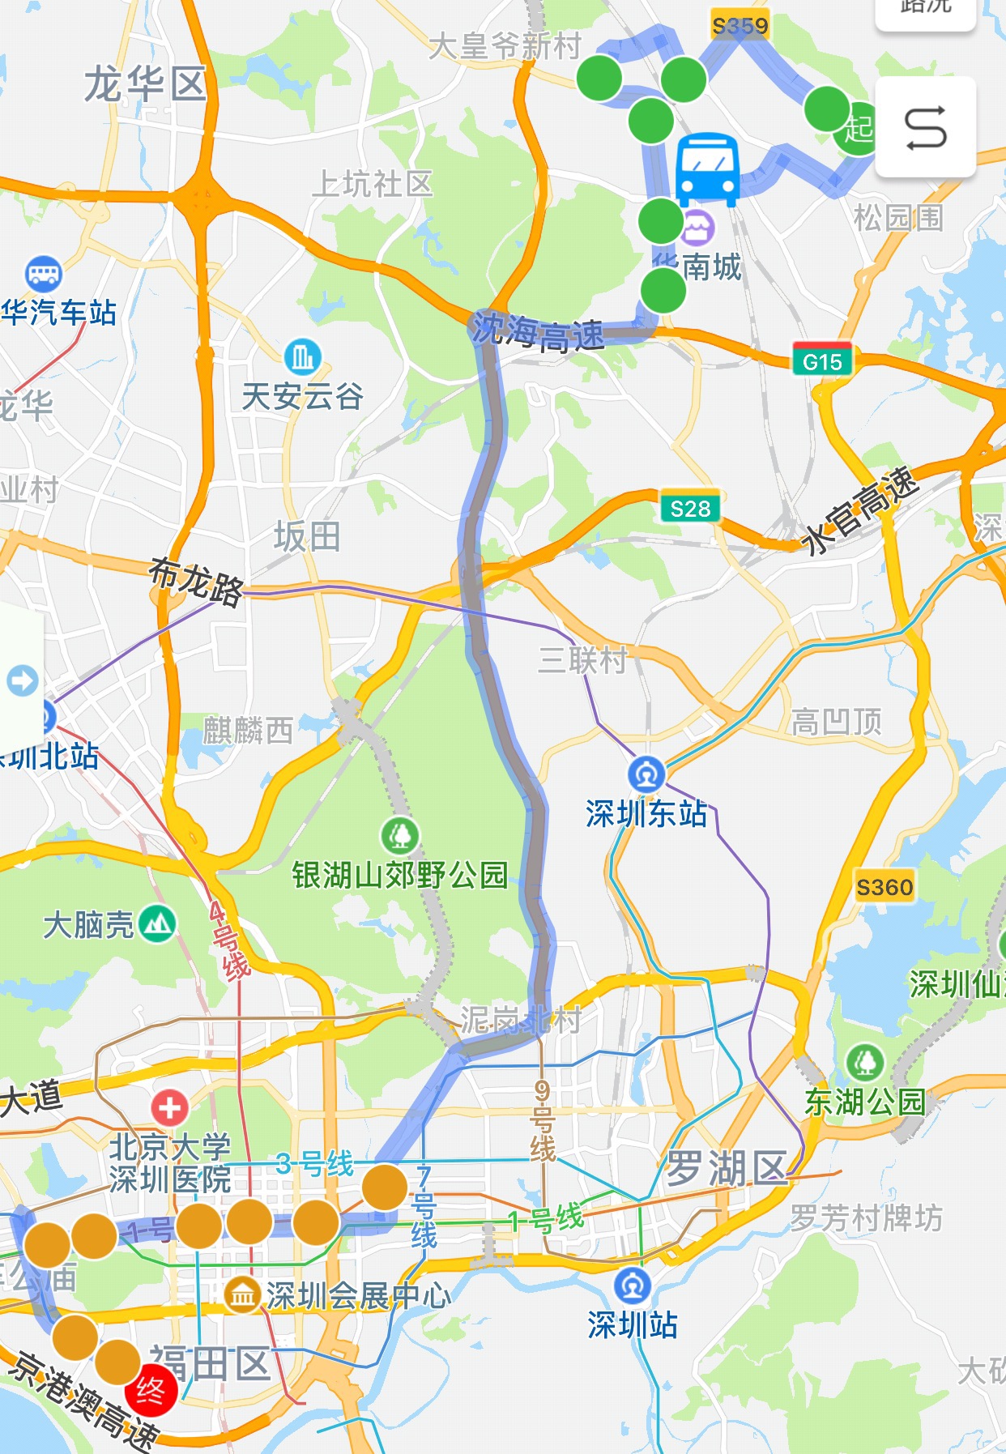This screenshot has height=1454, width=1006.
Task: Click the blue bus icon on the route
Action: click(707, 169)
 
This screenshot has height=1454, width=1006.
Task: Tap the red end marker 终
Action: click(151, 1390)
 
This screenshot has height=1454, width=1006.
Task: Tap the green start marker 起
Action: click(857, 129)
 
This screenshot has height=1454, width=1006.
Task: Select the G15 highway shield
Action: click(822, 360)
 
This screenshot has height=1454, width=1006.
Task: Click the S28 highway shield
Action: click(690, 508)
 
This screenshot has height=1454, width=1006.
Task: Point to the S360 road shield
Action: click(885, 887)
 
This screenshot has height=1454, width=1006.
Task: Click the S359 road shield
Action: click(740, 27)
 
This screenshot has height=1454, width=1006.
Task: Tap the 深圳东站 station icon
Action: click(646, 774)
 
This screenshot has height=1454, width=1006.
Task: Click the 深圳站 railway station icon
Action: click(633, 1286)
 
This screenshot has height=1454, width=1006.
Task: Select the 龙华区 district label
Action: click(146, 85)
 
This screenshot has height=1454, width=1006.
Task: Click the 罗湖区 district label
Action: click(726, 1169)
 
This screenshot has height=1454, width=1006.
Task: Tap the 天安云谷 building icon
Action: click(303, 356)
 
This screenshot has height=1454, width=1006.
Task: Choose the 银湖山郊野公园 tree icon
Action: click(400, 834)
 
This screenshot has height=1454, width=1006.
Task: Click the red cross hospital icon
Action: click(169, 1106)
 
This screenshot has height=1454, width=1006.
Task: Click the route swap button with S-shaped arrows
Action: click(925, 128)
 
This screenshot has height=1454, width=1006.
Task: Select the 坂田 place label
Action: click(307, 536)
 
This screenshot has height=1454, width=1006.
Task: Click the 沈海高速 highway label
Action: click(538, 333)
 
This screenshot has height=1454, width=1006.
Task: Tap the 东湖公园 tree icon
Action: click(865, 1061)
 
